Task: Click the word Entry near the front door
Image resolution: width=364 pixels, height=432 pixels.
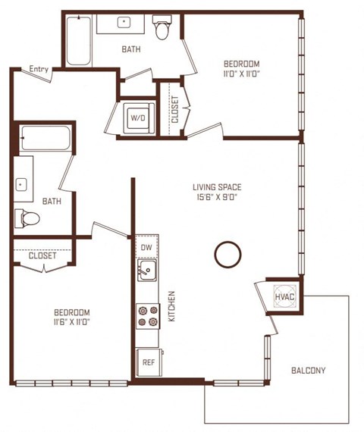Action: [x=39, y=69]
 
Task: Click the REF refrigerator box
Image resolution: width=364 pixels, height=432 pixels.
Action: [x=149, y=362]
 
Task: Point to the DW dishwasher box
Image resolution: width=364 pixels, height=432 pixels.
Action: [x=146, y=247]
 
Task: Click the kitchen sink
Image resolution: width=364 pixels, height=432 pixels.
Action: [x=148, y=269]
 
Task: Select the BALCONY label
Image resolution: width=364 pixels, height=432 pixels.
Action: [x=308, y=371]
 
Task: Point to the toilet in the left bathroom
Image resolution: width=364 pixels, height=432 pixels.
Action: [x=27, y=218]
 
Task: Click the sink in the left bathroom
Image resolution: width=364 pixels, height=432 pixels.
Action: [x=22, y=183]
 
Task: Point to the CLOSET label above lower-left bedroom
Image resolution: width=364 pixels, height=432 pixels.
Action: [x=43, y=255]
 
